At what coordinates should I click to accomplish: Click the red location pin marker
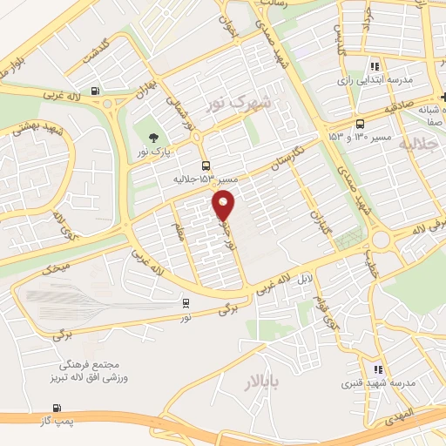tap(225, 206)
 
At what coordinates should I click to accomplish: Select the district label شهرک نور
tap(238, 104)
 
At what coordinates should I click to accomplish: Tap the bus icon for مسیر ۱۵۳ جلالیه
tap(206, 166)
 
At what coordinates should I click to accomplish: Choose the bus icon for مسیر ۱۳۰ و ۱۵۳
tap(361, 124)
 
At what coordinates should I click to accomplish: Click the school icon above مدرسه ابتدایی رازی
tap(375, 65)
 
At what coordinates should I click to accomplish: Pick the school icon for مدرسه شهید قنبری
tap(378, 370)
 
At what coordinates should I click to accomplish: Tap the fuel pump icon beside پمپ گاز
tap(57, 408)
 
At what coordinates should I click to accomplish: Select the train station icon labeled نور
tap(185, 302)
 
